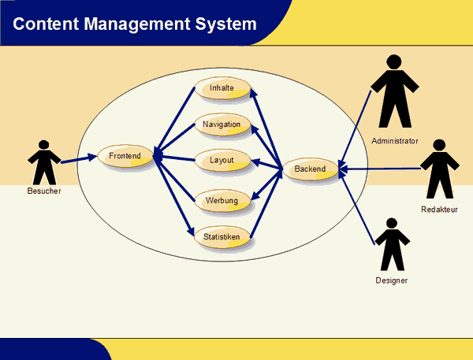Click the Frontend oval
pyautogui.click(x=125, y=156)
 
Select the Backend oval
pyautogui.click(x=311, y=169)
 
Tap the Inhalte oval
pyautogui.click(x=222, y=88)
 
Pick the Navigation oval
pyautogui.click(x=222, y=124)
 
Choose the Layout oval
pyautogui.click(x=222, y=160)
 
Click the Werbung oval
pyautogui.click(x=222, y=201)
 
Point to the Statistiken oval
pyautogui.click(x=222, y=237)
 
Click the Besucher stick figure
pyautogui.click(x=44, y=162)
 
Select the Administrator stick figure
pyautogui.click(x=395, y=91)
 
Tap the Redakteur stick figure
pyautogui.click(x=440, y=169)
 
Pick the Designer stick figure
pyautogui.click(x=392, y=244)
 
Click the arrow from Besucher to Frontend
pyautogui.click(x=79, y=159)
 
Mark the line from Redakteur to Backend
pyautogui.click(x=380, y=169)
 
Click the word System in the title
pyautogui.click(x=225, y=24)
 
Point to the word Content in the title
pyautogui.click(x=46, y=24)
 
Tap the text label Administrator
pyautogui.click(x=395, y=141)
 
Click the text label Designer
pyautogui.click(x=392, y=280)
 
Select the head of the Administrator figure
pyautogui.click(x=394, y=61)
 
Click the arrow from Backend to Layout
pyautogui.click(x=266, y=165)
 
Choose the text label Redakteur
pyautogui.click(x=439, y=210)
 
